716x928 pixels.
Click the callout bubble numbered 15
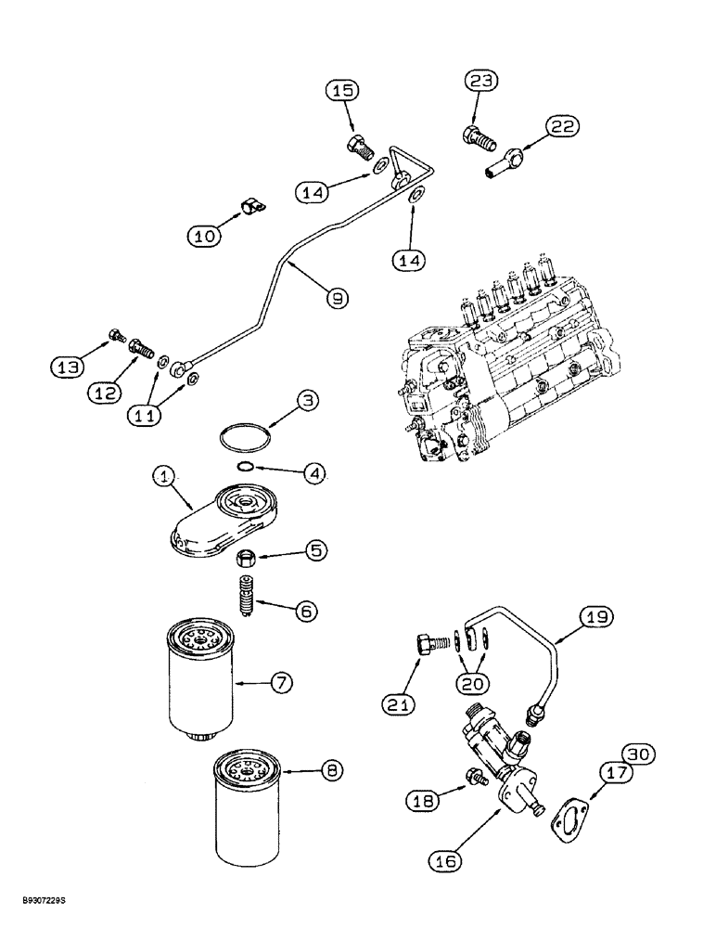[340, 91]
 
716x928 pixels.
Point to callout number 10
[207, 237]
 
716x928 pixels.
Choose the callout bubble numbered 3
[308, 402]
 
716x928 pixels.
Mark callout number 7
[282, 682]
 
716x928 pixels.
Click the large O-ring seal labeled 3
[248, 435]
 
